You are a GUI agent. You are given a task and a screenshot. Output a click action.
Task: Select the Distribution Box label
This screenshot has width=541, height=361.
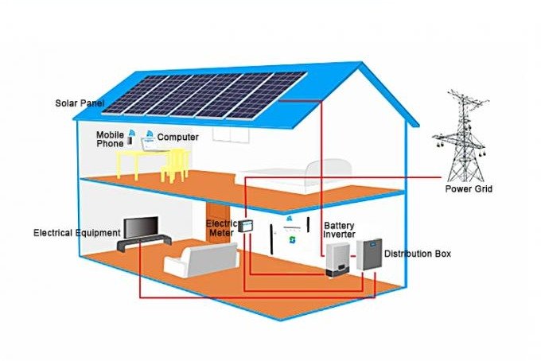pos(418,254)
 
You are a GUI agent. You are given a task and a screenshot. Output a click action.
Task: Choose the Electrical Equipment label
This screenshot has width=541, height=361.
pos(76,233)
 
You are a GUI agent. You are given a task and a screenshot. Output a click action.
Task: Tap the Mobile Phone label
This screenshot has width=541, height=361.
pos(111,139)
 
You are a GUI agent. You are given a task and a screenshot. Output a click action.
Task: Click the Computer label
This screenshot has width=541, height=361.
pos(177,137)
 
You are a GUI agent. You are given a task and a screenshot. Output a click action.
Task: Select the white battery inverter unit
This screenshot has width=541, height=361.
pos(335,262)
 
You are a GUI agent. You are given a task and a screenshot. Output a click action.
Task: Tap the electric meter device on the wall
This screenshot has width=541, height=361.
pos(247,227)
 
